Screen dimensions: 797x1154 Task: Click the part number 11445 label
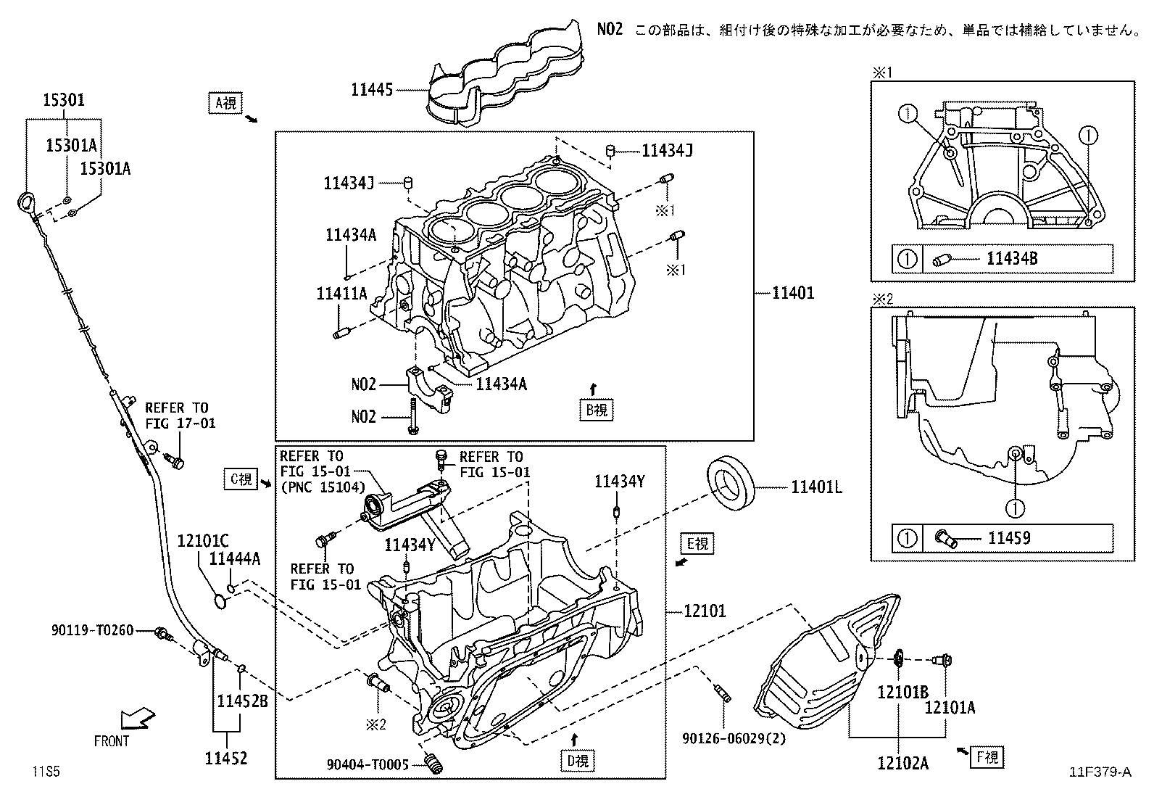pyautogui.click(x=371, y=90)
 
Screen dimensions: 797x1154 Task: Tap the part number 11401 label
pyautogui.click(x=792, y=293)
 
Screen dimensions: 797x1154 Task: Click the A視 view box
pyautogui.click(x=225, y=104)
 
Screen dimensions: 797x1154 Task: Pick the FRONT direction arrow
pyautogui.click(x=136, y=719)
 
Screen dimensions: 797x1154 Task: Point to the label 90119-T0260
pyautogui.click(x=93, y=630)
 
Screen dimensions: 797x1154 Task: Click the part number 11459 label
pyautogui.click(x=1009, y=538)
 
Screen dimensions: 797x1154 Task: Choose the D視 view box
pyautogui.click(x=577, y=761)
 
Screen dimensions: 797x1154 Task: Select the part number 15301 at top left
pyautogui.click(x=63, y=100)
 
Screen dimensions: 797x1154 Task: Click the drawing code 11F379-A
pyautogui.click(x=1099, y=772)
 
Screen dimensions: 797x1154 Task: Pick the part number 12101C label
pyautogui.click(x=203, y=540)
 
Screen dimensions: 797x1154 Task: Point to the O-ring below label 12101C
pyautogui.click(x=222, y=600)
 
